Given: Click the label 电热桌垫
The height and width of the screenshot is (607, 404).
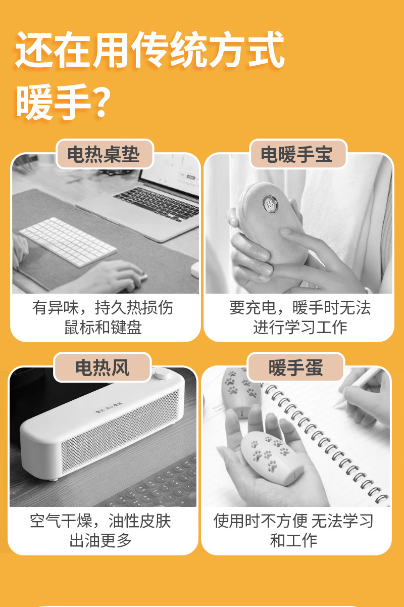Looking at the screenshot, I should (x=104, y=155).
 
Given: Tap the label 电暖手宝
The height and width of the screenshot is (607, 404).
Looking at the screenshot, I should (x=297, y=155).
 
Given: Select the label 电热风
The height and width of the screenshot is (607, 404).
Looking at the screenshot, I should (x=103, y=367).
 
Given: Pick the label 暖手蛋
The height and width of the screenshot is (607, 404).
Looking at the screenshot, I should (x=296, y=367).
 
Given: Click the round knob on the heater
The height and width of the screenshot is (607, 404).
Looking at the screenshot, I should (x=163, y=375).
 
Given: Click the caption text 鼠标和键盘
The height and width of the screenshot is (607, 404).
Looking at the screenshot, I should (x=103, y=327).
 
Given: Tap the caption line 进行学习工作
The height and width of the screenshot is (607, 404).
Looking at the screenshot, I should (x=300, y=327).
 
